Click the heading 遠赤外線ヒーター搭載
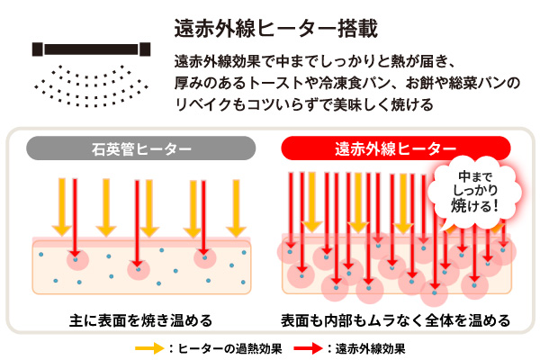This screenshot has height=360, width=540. pos(276,28)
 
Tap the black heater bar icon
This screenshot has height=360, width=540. pos(91,49)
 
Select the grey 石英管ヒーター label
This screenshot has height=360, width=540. pos(141,148)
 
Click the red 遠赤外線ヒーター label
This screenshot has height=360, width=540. pos(396,148)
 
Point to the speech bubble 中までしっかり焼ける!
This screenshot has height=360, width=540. pos(474,192)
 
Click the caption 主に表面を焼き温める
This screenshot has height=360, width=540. pos(140,320)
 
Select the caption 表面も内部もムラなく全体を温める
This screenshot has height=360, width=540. pos(395,320)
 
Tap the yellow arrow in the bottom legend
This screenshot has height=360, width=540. pos(149,348)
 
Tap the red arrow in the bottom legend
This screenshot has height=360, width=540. pos(308,348)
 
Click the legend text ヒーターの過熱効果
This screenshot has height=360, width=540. pos(229,348)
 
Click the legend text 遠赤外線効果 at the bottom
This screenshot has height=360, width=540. pos(370,348)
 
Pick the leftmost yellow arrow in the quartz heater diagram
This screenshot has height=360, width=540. pos(62,207)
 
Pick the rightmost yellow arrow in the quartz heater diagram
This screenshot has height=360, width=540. pos(236,208)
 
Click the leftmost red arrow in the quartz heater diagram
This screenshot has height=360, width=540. pos(75,218)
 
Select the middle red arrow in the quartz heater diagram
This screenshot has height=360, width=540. pos(137,224)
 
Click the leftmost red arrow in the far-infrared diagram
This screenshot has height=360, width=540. pos(291,210)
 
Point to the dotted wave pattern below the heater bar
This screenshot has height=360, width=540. pos(91,85)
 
